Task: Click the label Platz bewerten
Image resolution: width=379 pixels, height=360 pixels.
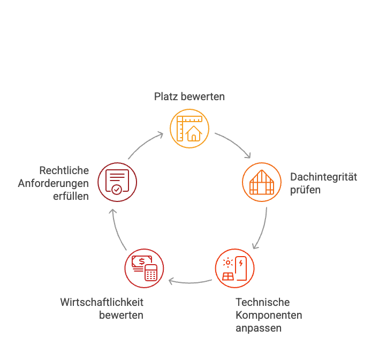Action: pos(189,97)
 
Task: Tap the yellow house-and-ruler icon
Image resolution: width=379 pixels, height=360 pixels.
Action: pos(189,128)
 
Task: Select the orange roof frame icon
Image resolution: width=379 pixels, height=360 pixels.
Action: pos(262,182)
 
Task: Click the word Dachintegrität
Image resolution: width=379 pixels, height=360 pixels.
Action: pos(323,177)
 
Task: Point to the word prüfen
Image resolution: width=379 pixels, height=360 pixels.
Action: pos(305,190)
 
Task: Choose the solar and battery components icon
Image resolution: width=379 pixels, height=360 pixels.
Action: pos(234,268)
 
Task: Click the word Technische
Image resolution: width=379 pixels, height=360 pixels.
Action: pos(262,302)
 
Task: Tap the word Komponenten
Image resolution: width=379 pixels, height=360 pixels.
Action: pos(269,315)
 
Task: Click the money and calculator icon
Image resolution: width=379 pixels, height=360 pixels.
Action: pos(144,268)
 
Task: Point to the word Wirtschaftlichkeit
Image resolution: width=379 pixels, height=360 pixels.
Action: pos(102,302)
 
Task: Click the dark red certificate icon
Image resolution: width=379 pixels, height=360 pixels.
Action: pos(117,182)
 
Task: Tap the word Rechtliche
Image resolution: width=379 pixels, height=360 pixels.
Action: pos(64,170)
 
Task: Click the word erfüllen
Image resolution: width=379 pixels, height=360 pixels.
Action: pos(71,196)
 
